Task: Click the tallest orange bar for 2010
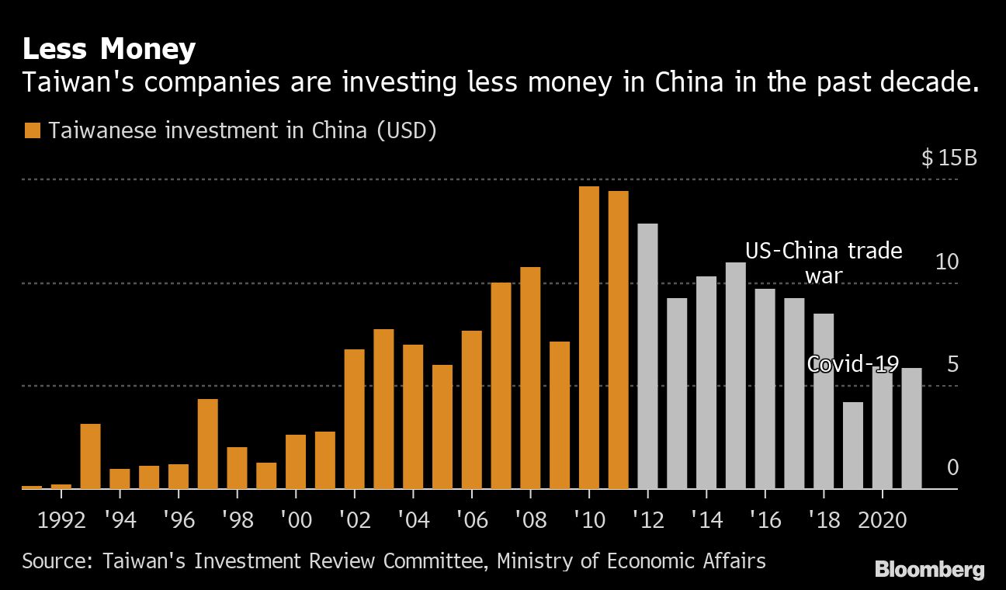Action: [x=589, y=338]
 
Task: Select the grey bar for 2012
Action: [x=647, y=356]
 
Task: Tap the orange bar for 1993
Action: [x=91, y=456]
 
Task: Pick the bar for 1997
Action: [x=208, y=444]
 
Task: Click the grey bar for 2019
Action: [x=853, y=446]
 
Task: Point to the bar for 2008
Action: [x=530, y=378]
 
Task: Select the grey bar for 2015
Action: [x=736, y=376]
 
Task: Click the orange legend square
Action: [x=32, y=130]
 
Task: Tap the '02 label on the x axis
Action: [x=354, y=519]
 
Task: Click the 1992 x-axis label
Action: [x=61, y=519]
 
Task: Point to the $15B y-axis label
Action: [x=949, y=158]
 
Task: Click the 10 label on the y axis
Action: [x=947, y=262]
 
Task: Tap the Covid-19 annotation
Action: [x=853, y=363]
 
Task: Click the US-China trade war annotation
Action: [x=824, y=262]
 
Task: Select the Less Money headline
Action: [x=109, y=50]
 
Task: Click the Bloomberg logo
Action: [x=929, y=570]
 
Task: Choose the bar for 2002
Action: [x=354, y=419]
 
